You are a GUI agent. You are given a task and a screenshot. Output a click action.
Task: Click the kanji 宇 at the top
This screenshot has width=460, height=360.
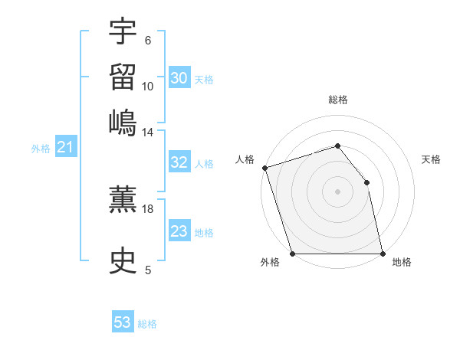tap(123, 31)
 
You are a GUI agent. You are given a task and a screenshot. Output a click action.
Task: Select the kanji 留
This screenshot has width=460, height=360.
tap(123, 77)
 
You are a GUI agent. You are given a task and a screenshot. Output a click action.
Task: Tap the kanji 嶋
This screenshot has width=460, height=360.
tap(123, 123)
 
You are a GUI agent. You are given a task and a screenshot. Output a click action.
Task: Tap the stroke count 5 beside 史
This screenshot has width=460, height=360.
tap(148, 270)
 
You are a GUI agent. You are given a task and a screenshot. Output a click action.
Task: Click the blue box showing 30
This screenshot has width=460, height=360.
tap(179, 78)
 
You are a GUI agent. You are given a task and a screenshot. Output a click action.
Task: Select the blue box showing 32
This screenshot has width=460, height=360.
tap(179, 162)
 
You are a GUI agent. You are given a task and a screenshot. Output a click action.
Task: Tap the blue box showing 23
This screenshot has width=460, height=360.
tap(179, 231)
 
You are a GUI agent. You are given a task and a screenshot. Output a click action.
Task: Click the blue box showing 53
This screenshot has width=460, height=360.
tap(123, 322)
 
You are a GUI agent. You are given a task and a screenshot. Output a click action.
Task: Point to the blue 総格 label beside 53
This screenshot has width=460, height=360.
tap(147, 324)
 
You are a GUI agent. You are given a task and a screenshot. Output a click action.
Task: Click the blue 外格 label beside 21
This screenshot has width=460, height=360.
tap(40, 149)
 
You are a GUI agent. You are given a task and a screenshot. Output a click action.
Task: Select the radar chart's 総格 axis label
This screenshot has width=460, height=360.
tap(337, 100)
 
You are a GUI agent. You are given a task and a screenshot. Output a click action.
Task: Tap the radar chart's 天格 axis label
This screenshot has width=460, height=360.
tap(431, 159)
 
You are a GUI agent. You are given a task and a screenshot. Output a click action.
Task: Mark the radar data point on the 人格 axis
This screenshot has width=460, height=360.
tap(264, 168)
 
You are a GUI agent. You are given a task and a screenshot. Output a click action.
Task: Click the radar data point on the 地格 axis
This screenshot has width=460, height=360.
tap(382, 254)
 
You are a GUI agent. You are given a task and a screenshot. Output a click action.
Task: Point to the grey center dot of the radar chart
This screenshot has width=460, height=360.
tap(337, 191)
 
